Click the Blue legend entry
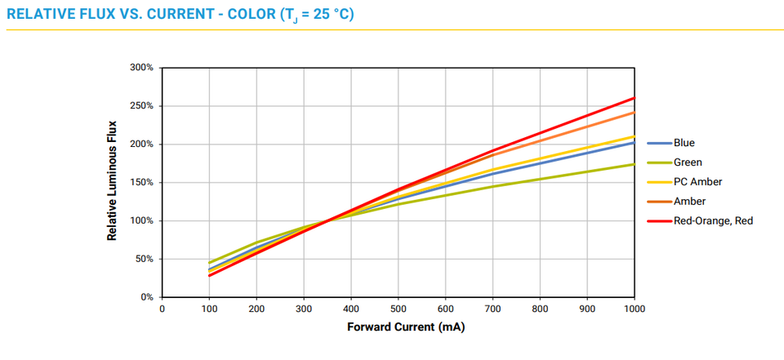(684, 143)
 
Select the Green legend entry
(687, 162)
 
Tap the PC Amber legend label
(697, 182)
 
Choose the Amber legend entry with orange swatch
(689, 201)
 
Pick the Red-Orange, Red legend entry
(712, 220)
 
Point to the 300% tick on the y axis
(141, 68)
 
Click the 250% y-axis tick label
(141, 106)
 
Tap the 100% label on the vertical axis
(141, 221)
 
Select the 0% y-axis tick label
(146, 298)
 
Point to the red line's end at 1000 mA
(634, 98)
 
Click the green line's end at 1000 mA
(634, 164)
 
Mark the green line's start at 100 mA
(209, 263)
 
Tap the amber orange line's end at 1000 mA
(634, 112)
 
